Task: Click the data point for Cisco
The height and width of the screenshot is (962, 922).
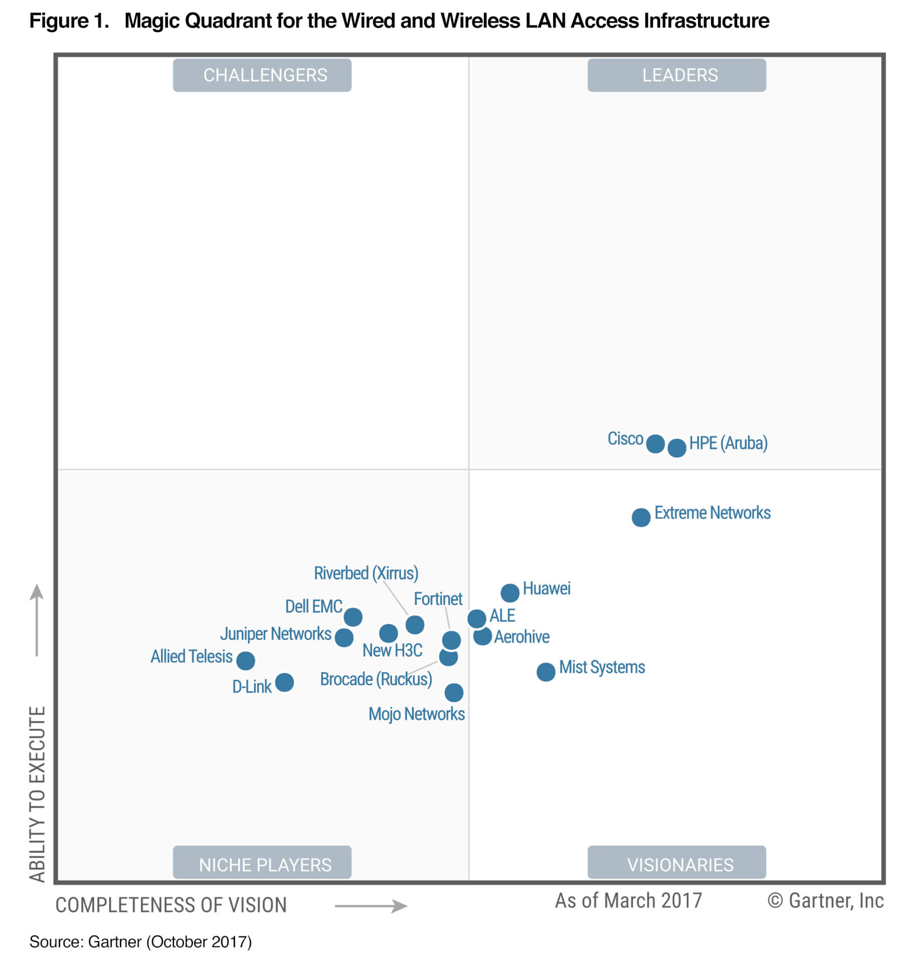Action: tap(655, 443)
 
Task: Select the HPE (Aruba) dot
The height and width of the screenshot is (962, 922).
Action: tap(676, 447)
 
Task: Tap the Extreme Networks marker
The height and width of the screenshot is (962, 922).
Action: tap(641, 517)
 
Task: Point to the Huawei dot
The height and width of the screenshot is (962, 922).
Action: tap(510, 593)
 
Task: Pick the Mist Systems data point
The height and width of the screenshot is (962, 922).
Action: tap(546, 672)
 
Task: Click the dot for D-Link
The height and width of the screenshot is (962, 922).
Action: tap(284, 682)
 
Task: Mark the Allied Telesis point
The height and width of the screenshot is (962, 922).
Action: tap(246, 660)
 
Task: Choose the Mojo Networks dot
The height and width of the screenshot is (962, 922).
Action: tap(454, 692)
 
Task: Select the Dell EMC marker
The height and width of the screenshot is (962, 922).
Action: tap(353, 617)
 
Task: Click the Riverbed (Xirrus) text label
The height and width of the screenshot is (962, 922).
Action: tap(366, 573)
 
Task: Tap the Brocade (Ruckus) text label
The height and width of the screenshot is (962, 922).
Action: tap(376, 679)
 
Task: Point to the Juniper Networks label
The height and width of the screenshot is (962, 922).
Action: tap(276, 634)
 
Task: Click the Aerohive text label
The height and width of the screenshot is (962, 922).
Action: tap(522, 637)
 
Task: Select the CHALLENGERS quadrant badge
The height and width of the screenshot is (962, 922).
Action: tap(262, 75)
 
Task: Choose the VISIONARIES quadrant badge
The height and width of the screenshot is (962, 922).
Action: tap(676, 864)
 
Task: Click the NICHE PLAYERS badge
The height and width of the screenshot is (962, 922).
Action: tap(262, 864)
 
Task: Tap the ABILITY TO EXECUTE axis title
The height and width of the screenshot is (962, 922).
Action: tap(38, 794)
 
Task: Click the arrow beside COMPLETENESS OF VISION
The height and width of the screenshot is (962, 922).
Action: tap(371, 906)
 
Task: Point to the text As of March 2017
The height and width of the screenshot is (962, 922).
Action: tap(628, 901)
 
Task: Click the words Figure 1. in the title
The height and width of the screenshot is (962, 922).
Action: tap(69, 21)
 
